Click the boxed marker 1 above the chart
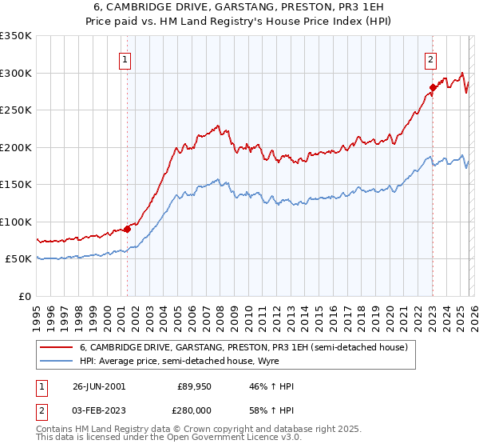point(126,58)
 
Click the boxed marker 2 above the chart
point(431,58)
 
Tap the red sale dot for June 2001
point(127,229)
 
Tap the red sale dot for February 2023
point(432,87)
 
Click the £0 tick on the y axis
point(24,296)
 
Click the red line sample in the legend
point(57,347)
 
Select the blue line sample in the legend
point(57,361)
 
